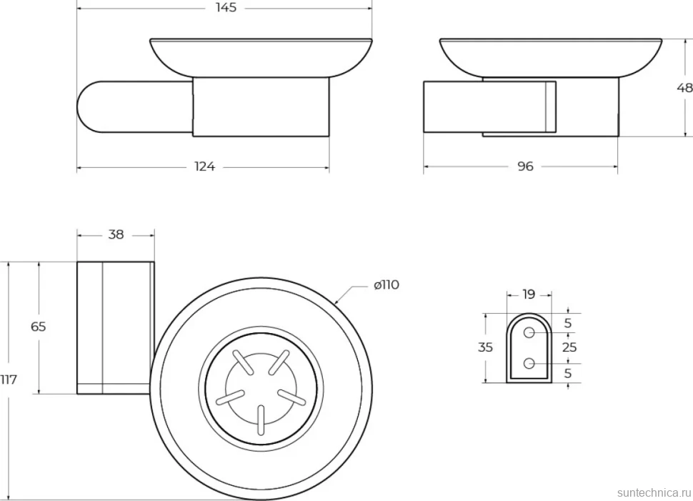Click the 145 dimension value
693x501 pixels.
226,8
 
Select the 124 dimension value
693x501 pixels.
204,167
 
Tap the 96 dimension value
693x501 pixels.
525,167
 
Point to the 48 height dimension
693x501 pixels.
685,88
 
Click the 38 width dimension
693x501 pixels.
116,235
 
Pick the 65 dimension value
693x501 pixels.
39,327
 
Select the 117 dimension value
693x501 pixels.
9,380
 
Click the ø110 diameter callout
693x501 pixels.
387,285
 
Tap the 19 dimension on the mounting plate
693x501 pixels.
529,294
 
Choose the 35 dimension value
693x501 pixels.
485,347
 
